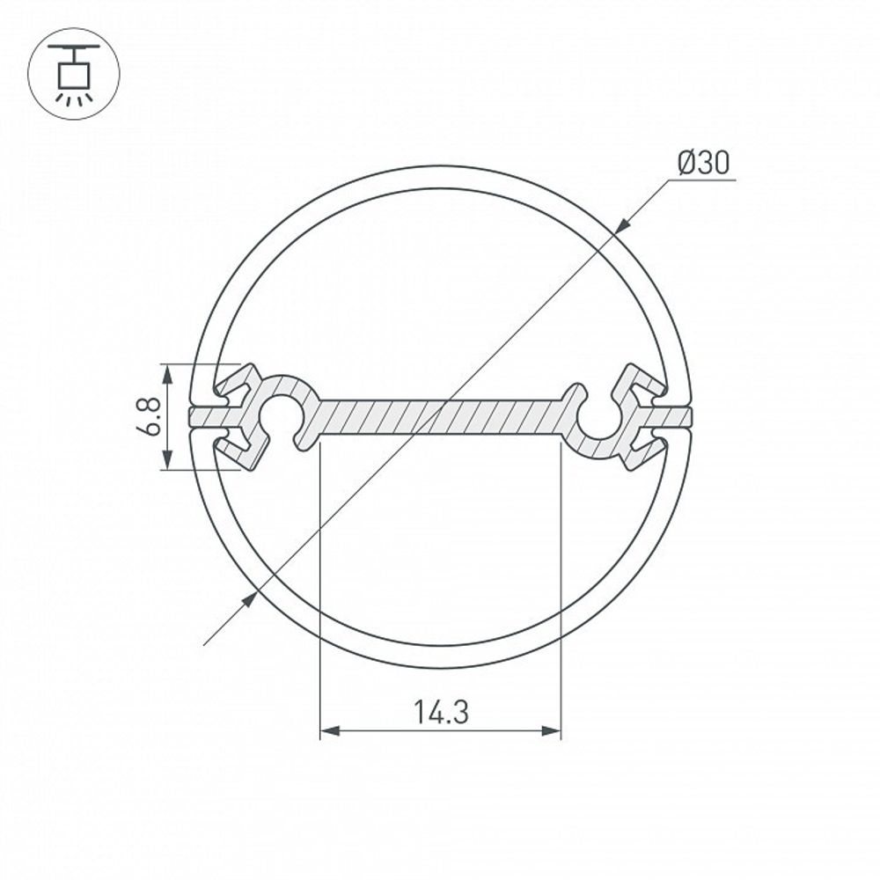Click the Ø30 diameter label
703,163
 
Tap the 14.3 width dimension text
441,711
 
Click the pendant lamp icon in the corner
73,74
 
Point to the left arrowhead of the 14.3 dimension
328,730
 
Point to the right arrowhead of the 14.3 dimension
552,730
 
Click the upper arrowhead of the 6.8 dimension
167,372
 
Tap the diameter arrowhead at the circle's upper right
621,226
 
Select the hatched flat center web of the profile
440,416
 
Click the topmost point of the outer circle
440,166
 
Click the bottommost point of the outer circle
440,667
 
